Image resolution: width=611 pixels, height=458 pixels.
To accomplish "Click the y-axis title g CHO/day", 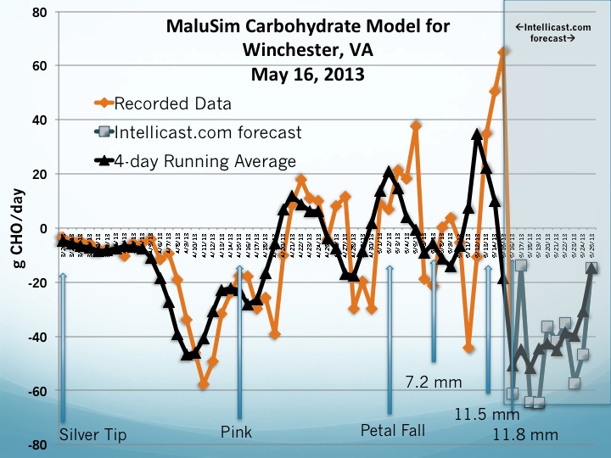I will pos(18,228).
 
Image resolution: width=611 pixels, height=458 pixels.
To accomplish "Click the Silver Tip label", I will pos(93,435).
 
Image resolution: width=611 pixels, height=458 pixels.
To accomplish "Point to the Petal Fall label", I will pos(393,429).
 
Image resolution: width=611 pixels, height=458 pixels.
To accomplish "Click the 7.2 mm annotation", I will pos(434,383).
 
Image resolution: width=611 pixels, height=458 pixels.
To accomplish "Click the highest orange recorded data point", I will pos(503,53).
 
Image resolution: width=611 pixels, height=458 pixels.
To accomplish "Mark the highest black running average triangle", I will pos(478,133).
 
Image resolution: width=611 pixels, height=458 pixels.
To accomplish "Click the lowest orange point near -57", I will pos(204,384).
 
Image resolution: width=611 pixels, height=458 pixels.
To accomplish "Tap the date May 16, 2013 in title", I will pos(309,74).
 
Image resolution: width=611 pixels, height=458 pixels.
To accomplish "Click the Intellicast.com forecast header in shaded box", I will pos(555,34).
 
